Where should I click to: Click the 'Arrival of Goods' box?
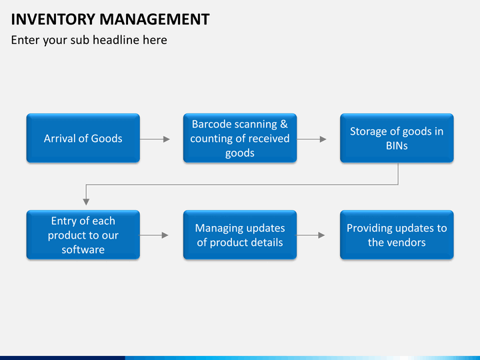point(83,138)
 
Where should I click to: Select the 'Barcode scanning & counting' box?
point(240,138)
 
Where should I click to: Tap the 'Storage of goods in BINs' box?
point(397,138)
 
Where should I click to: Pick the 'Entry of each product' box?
point(83,235)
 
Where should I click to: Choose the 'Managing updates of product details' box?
point(240,235)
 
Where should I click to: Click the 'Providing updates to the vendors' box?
point(397,235)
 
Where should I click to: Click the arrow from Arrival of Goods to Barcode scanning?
point(155,139)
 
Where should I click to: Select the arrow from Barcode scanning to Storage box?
point(311,139)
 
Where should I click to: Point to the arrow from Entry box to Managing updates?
point(154,235)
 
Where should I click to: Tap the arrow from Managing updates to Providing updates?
point(310,235)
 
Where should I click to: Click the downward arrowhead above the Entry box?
point(86,202)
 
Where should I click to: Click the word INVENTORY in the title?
point(53,19)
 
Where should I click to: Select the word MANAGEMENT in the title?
point(155,19)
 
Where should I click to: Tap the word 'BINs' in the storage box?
point(397,146)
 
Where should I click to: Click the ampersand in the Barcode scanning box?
point(284,124)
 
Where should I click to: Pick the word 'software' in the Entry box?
point(83,249)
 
